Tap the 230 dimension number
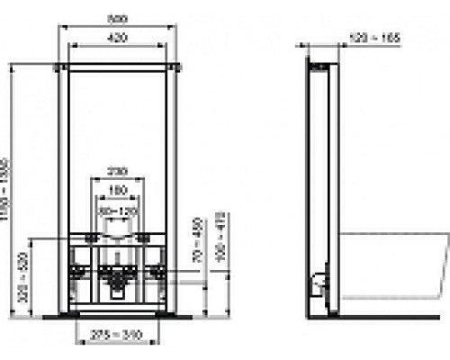click(117, 170)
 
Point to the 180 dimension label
click(117, 190)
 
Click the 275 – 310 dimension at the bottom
click(117, 336)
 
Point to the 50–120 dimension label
click(117, 210)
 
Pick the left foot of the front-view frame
click(65, 314)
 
